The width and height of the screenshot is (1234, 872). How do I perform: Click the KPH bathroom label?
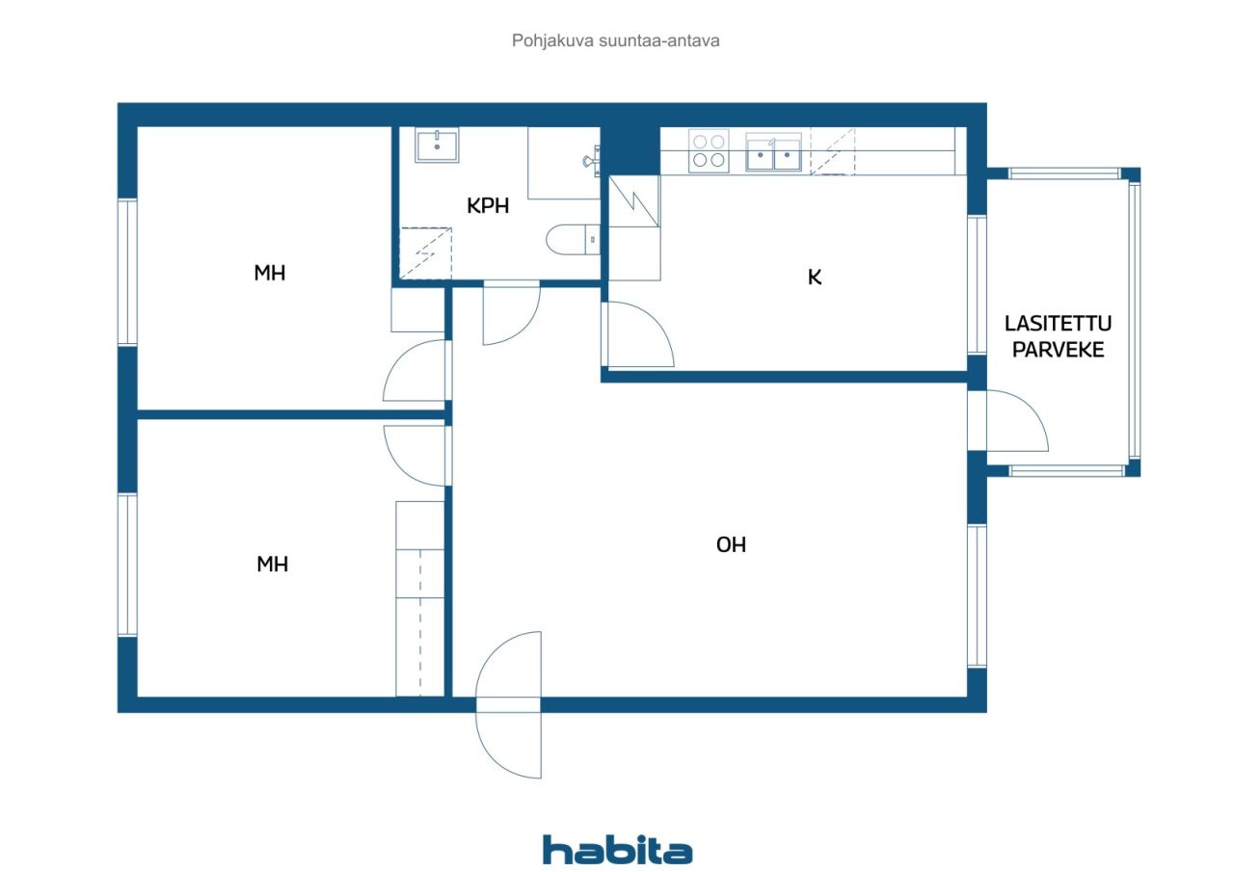tap(488, 205)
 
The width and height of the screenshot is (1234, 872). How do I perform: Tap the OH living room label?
tap(731, 545)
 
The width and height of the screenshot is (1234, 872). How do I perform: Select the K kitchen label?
tap(815, 278)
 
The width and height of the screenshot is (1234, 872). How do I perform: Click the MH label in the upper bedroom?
tap(270, 274)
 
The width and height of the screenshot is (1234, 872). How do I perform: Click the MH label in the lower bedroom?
tap(272, 565)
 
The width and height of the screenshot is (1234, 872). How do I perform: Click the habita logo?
tap(617, 850)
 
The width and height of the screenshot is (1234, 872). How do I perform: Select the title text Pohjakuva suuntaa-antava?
tap(616, 41)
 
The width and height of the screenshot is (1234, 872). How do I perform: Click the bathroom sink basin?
tap(437, 145)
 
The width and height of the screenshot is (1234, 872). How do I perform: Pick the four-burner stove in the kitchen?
tap(709, 151)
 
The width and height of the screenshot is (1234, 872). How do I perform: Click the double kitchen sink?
tap(774, 153)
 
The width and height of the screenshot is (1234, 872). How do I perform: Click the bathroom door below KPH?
tap(511, 313)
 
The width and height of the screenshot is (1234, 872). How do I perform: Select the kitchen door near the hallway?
tap(636, 335)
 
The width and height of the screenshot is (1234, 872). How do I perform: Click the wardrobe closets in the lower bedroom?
tap(420, 597)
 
